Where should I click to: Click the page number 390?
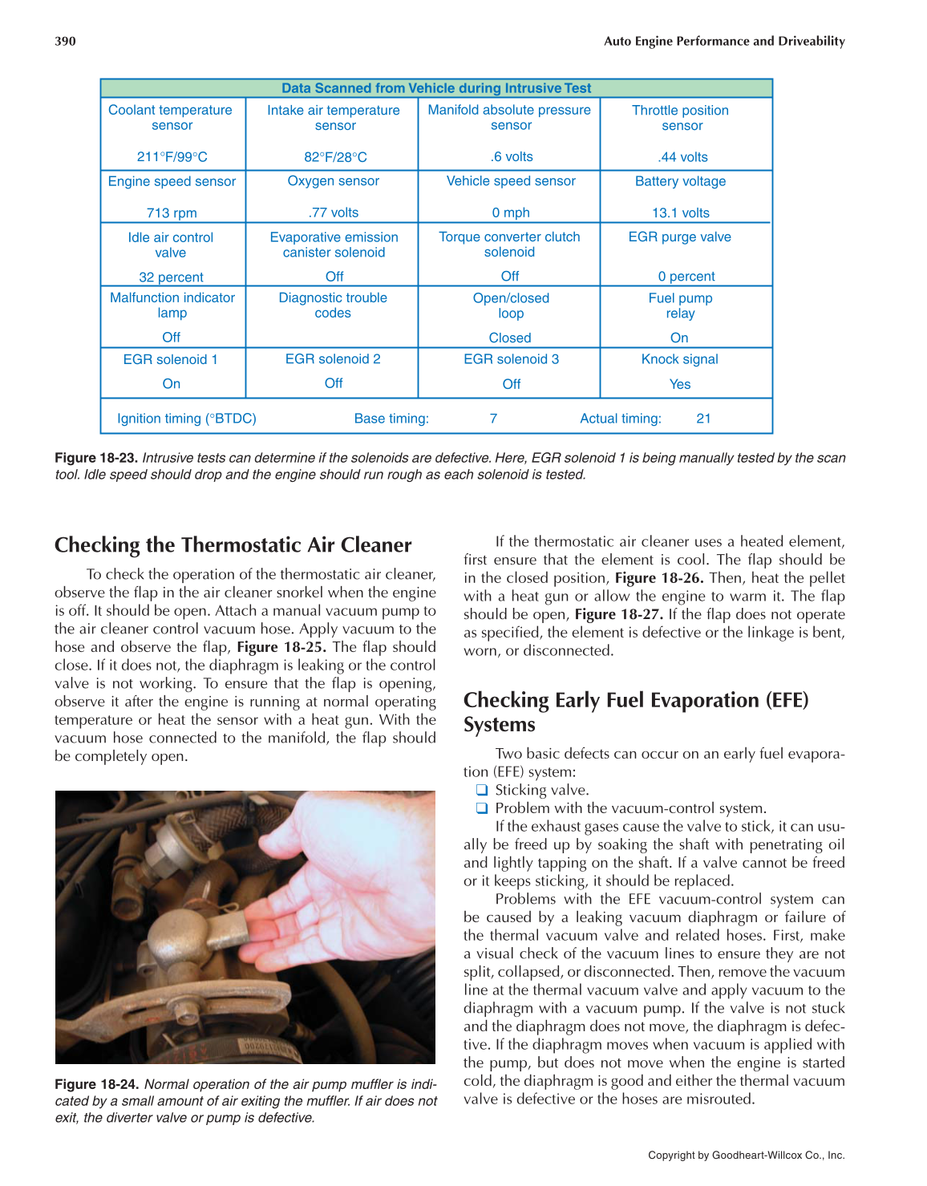click(65, 41)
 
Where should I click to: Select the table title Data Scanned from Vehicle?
click(436, 88)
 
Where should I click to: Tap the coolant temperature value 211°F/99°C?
click(172, 157)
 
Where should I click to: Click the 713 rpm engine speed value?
click(172, 213)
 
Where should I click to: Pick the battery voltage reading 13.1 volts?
click(680, 213)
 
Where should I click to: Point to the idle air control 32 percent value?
click(171, 277)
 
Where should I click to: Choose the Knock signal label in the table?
click(679, 359)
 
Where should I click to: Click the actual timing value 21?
click(703, 418)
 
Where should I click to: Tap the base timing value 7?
click(493, 418)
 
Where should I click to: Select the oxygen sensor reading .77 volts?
click(334, 213)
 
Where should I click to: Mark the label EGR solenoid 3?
click(511, 359)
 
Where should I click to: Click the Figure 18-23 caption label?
click(96, 458)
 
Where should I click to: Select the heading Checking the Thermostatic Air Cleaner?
click(233, 545)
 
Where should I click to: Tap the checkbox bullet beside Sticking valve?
click(482, 791)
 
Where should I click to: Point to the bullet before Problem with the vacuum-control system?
click(482, 808)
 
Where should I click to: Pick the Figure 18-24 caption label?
click(96, 1084)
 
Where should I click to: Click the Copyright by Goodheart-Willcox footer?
click(746, 1156)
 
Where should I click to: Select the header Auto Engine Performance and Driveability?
click(724, 41)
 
